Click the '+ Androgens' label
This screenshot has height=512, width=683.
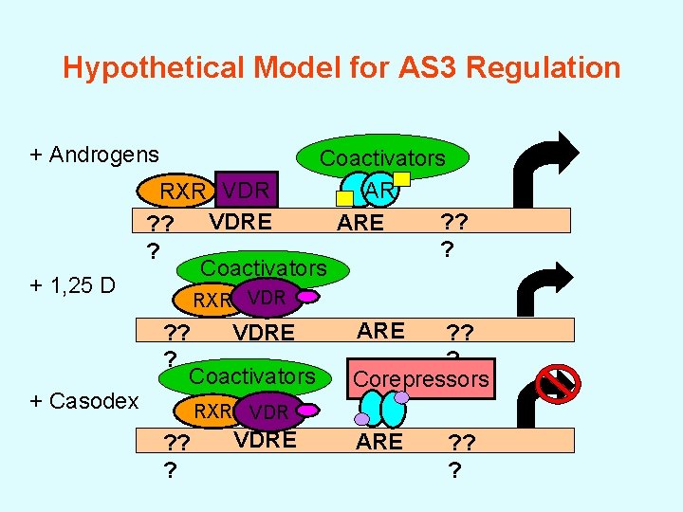94,154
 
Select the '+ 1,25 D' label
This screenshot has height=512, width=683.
72,283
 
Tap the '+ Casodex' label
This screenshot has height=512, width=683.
83,400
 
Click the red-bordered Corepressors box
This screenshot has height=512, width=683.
421,379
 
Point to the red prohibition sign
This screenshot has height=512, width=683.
559,383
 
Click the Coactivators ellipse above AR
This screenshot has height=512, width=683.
382,157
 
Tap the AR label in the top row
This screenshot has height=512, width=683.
379,192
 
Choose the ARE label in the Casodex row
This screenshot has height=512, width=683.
379,442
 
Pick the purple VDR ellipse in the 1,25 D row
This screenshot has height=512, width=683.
267,298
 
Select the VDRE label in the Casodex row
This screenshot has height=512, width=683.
265,440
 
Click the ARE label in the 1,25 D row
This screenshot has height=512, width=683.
380,331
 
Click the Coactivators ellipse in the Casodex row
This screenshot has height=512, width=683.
251,376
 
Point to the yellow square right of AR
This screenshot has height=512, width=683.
401,177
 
